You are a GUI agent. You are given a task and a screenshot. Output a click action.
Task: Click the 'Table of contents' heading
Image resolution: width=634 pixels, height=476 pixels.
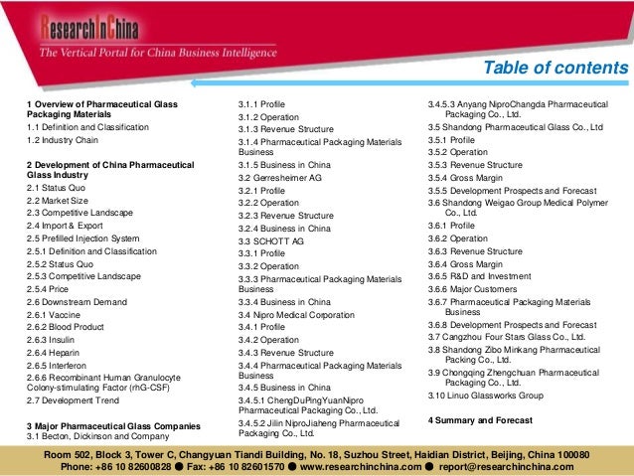[x=555, y=69]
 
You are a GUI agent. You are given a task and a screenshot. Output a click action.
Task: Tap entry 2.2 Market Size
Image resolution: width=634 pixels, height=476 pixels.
[x=62, y=201]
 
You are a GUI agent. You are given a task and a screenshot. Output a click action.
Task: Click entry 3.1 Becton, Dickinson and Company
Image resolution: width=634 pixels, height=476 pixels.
[x=97, y=436]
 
